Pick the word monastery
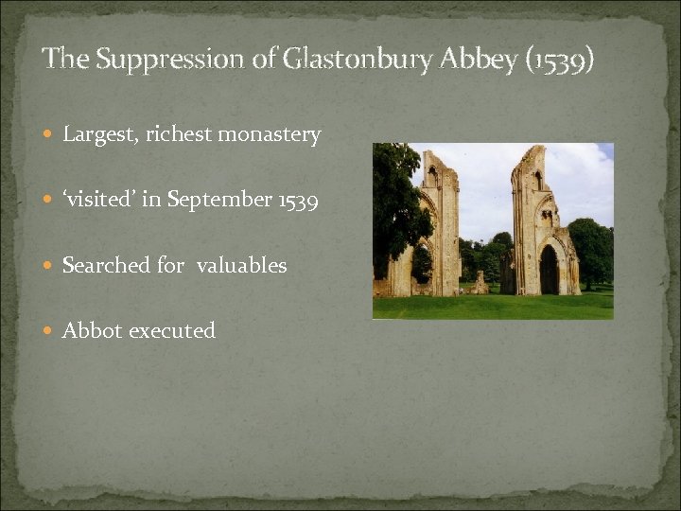tap(270, 135)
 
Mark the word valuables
tap(241, 266)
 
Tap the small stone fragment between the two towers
tap(480, 282)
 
